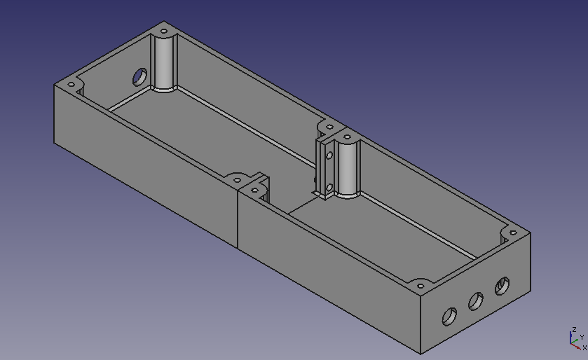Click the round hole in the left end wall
[140, 76]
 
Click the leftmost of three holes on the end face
[448, 317]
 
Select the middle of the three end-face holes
[475, 302]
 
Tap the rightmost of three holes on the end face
[502, 286]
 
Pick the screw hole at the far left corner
[70, 85]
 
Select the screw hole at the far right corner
[512, 233]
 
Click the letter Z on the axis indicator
[574, 329]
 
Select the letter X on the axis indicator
[584, 347]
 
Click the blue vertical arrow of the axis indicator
[571, 337]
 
